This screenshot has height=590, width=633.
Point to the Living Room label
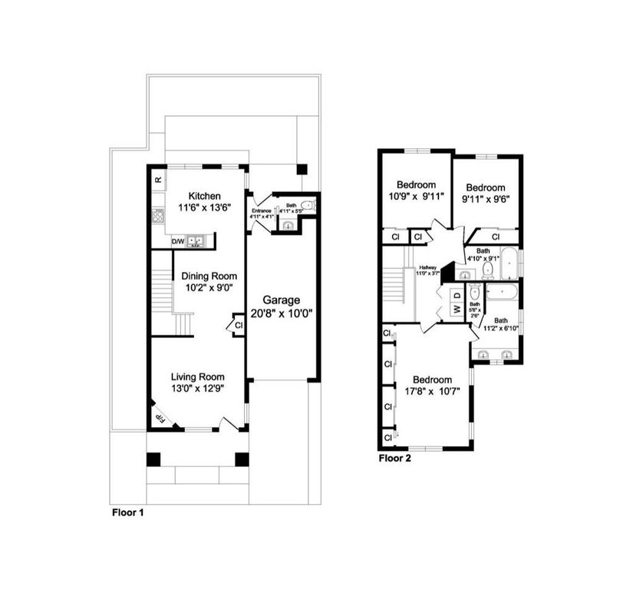(197, 376)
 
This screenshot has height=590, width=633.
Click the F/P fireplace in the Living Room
(162, 417)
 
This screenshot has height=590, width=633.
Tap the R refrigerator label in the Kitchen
(158, 180)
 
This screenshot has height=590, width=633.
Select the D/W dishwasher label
(177, 241)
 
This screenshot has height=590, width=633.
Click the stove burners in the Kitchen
(159, 216)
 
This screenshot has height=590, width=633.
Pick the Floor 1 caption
(127, 511)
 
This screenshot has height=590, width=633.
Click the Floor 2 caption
(396, 459)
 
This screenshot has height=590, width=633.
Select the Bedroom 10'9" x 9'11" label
(416, 184)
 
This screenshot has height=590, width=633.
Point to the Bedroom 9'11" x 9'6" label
(486, 188)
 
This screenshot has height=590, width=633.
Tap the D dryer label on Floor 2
(455, 295)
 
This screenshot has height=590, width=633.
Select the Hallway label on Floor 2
(427, 267)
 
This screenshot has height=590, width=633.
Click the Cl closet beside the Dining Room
(239, 325)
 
